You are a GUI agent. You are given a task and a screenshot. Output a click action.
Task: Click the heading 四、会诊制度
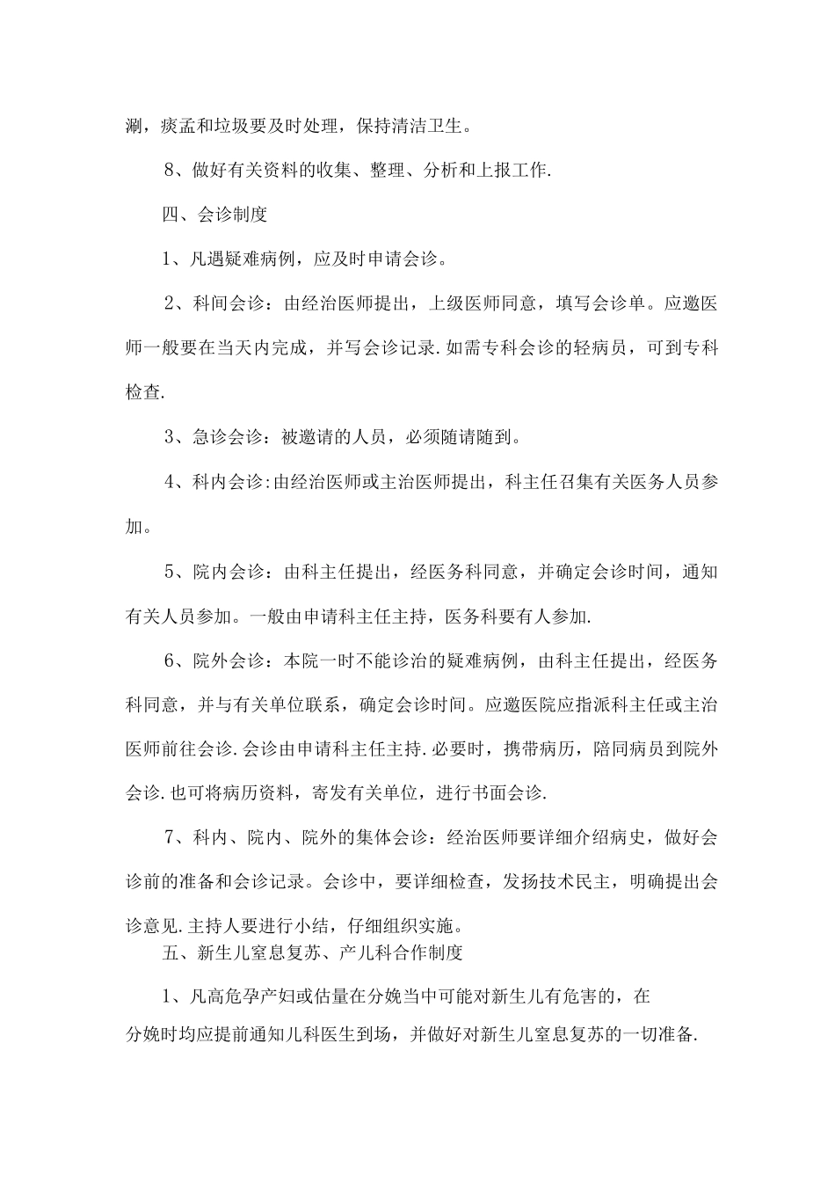pyautogui.click(x=214, y=215)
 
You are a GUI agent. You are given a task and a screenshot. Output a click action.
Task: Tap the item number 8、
pyautogui.click(x=175, y=171)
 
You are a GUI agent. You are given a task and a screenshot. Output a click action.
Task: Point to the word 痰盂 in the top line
pyautogui.click(x=178, y=126)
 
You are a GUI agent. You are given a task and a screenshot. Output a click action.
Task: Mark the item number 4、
pyautogui.click(x=175, y=482)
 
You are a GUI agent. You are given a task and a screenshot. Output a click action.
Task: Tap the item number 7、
pyautogui.click(x=175, y=838)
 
